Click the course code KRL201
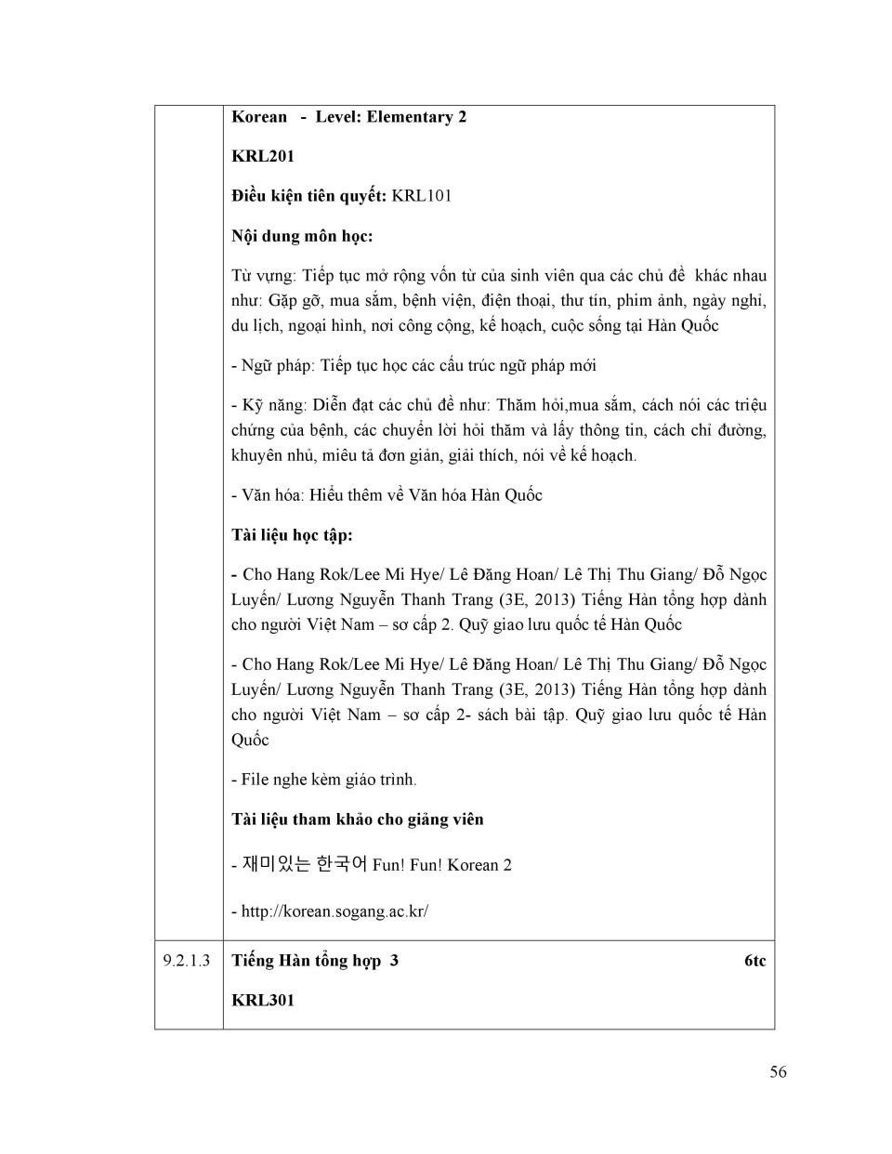tap(263, 156)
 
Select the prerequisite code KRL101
tap(422, 196)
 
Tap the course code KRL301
tap(263, 1001)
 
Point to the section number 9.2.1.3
tap(187, 961)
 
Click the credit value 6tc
tap(754, 961)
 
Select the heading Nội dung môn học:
tap(302, 236)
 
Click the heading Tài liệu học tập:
tap(292, 535)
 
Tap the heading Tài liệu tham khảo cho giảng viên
tap(358, 820)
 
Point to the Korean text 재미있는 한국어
tap(305, 864)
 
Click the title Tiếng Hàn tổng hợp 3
tap(315, 961)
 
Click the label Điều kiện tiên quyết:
tap(308, 196)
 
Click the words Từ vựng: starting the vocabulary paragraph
tap(263, 276)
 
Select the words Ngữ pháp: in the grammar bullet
tap(277, 366)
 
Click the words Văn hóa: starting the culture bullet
tap(271, 495)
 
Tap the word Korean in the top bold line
tap(259, 117)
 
